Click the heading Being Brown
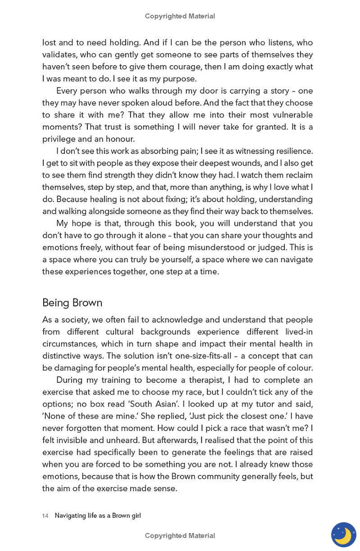tap(72, 303)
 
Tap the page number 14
tap(45, 516)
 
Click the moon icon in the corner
tap(343, 535)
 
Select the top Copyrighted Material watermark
tap(180, 16)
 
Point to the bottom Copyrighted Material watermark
tap(180, 536)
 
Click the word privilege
tap(59, 139)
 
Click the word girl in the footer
tap(136, 516)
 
